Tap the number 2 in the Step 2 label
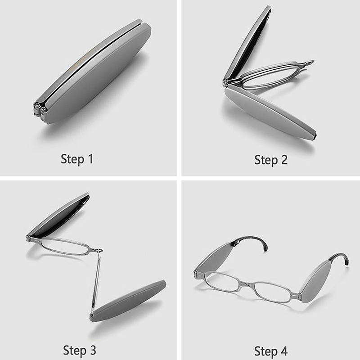pyautogui.click(x=284, y=160)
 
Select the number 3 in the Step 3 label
pyautogui.click(x=93, y=350)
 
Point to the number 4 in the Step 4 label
pyautogui.click(x=284, y=351)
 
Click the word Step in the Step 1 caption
pyautogui.click(x=72, y=159)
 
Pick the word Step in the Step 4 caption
pyautogui.click(x=265, y=351)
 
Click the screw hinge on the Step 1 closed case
pyautogui.click(x=41, y=109)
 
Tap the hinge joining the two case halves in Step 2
pyautogui.click(x=226, y=83)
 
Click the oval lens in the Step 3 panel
pyautogui.click(x=65, y=247)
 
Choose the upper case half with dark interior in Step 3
pyautogui.click(x=58, y=215)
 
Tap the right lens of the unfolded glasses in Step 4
pyautogui.click(x=273, y=292)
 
